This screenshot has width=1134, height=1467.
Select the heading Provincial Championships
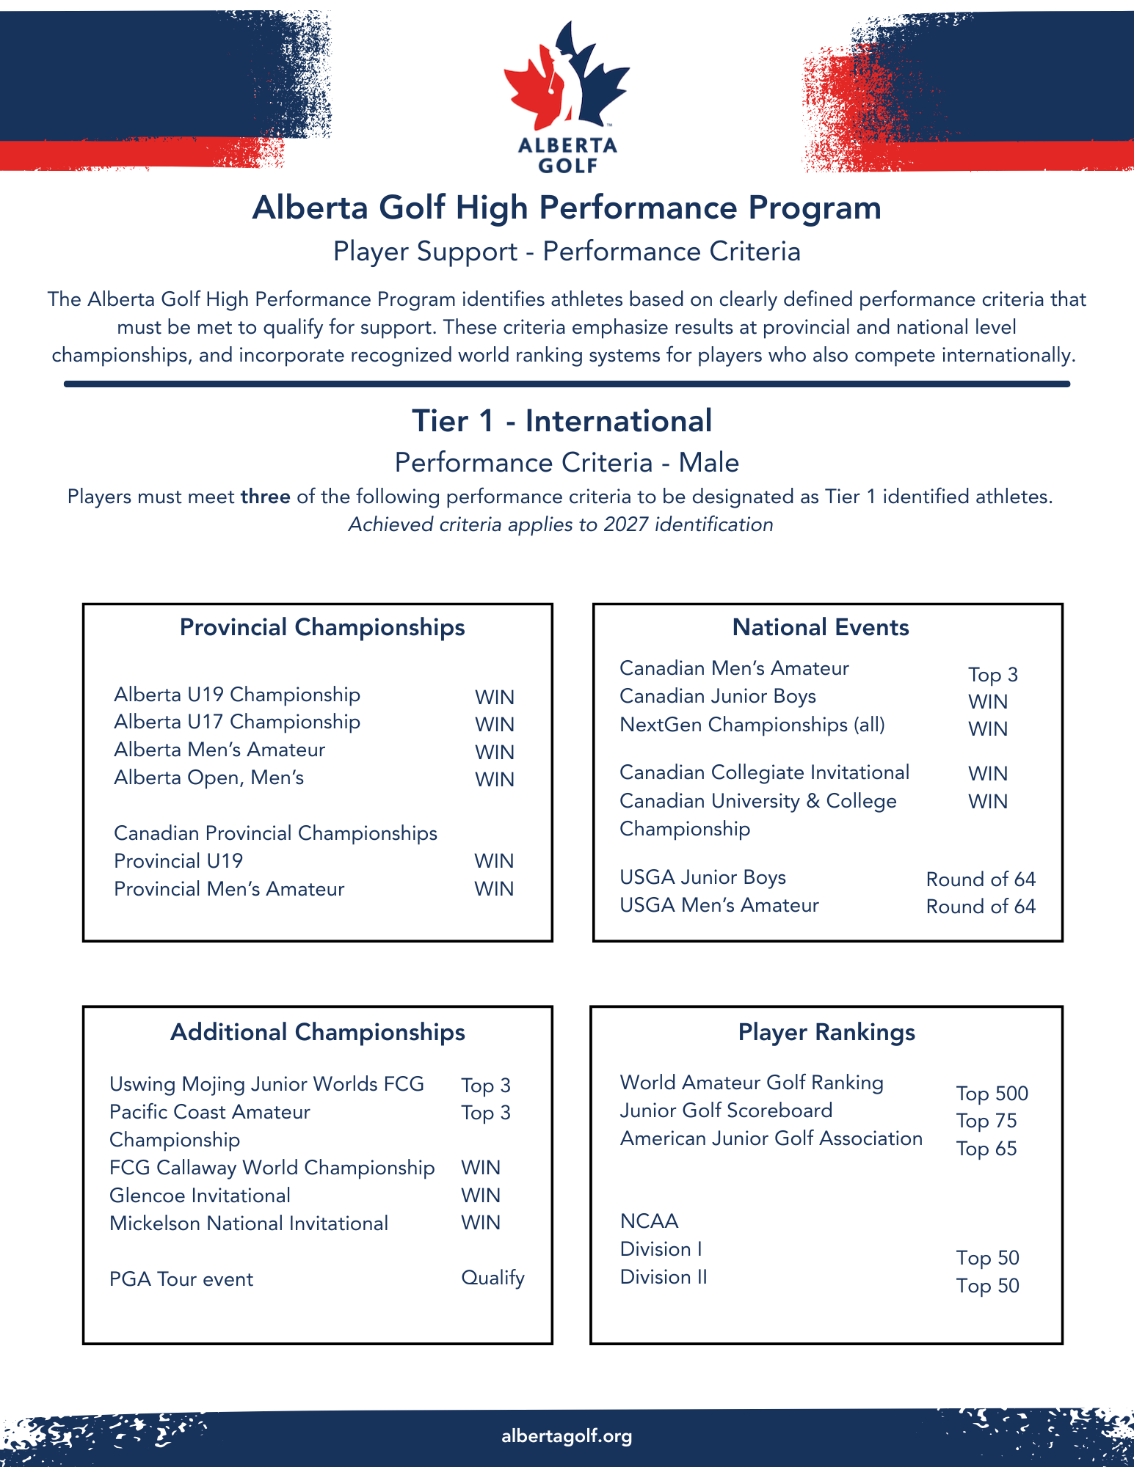[322, 628]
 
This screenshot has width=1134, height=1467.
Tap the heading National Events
[821, 628]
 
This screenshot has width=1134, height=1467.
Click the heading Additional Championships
[318, 1033]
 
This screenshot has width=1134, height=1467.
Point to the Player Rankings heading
[826, 1033]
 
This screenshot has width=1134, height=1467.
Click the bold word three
[265, 497]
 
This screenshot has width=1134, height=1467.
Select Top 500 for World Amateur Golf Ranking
[992, 1094]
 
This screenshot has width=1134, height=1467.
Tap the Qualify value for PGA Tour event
[493, 1278]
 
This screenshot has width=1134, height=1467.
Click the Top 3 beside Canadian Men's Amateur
[992, 675]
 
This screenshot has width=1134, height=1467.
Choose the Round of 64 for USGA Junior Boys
[981, 879]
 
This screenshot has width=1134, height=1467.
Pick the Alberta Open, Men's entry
[208, 778]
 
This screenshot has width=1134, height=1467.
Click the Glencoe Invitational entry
[200, 1196]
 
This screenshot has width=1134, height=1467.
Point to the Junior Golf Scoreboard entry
[726, 1111]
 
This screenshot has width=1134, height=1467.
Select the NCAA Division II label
[664, 1277]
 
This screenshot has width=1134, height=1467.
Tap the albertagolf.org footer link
[567, 1436]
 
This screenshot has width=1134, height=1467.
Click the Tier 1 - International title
[561, 422]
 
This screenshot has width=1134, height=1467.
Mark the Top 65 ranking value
[986, 1149]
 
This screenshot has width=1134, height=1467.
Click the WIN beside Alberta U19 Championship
[494, 698]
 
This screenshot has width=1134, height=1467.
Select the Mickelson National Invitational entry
[249, 1223]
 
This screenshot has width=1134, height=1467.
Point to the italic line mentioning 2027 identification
[561, 525]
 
